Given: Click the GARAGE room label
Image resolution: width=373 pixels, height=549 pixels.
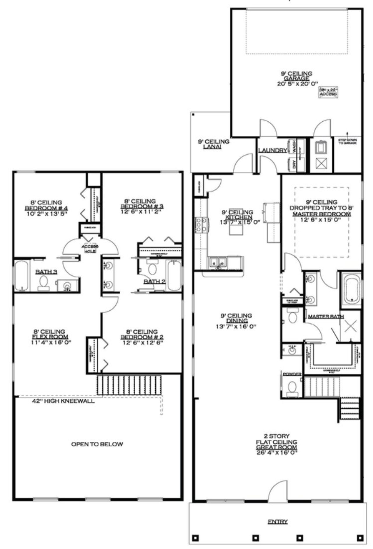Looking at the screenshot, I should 296,78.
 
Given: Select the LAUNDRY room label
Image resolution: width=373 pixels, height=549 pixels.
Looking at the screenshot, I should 272,151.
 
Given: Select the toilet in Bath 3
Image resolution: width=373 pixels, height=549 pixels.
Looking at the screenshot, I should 44,283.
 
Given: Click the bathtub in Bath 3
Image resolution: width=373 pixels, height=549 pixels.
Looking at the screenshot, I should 22,275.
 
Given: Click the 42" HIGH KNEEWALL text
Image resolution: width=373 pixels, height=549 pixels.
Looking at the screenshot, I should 64,401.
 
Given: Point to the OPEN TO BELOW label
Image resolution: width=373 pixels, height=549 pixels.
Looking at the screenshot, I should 97,444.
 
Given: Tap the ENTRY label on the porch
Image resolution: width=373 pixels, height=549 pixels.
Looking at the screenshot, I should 278,522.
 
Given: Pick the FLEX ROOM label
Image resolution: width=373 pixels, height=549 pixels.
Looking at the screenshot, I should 49,337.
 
